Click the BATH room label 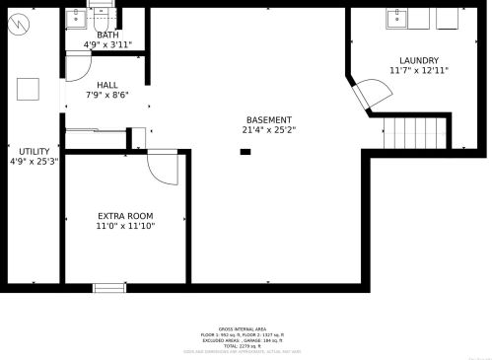[x=107, y=35]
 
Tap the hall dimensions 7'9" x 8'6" [x=106, y=95]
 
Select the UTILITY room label [x=34, y=151]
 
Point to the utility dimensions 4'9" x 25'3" [x=34, y=161]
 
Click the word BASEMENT [x=268, y=119]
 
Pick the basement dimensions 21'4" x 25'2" [x=268, y=129]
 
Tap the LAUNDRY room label [x=419, y=60]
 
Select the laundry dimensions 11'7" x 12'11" [x=419, y=70]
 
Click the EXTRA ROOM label [x=125, y=216]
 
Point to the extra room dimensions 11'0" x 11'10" [x=125, y=226]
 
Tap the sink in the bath [x=77, y=18]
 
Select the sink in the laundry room [x=398, y=18]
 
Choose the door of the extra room [x=161, y=169]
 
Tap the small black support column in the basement [x=245, y=152]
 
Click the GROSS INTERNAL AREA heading [x=242, y=328]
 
